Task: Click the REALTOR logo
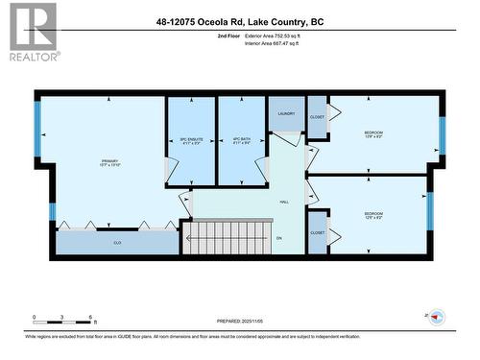click(31, 32)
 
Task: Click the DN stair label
click(279, 238)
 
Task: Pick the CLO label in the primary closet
click(117, 243)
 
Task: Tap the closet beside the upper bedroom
click(317, 117)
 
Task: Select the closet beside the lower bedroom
click(317, 233)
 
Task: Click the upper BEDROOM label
click(373, 133)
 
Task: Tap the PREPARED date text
click(243, 321)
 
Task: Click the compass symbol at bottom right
click(436, 318)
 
